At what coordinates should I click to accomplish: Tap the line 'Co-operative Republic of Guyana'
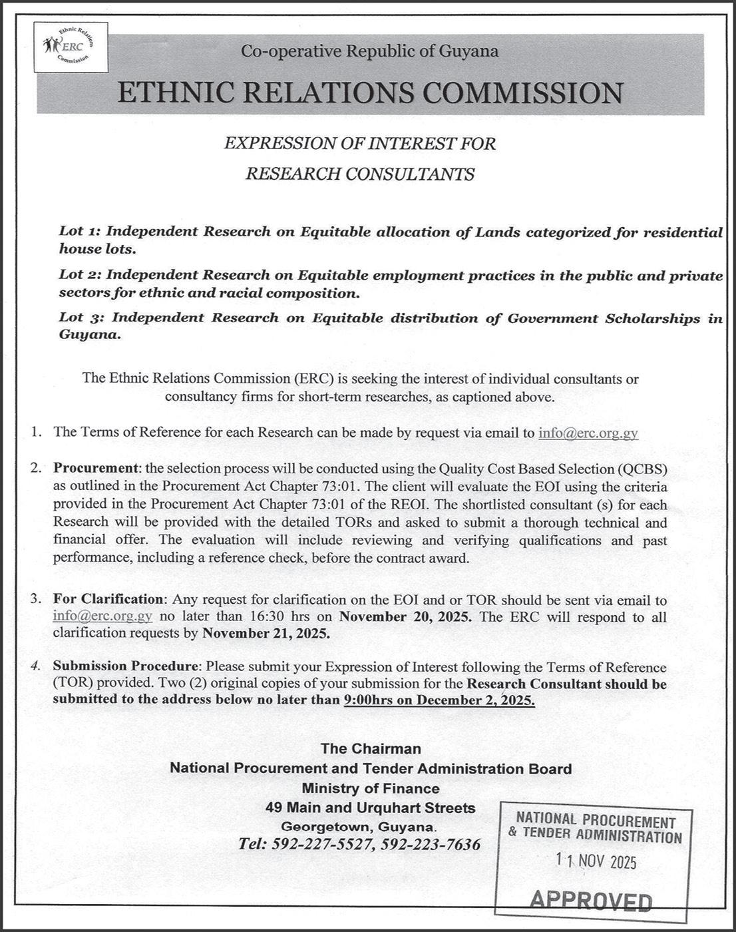point(369,51)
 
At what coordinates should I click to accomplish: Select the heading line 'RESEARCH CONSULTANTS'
point(360,174)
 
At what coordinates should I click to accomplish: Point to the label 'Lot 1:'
point(80,232)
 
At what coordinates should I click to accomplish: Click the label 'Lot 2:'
point(80,275)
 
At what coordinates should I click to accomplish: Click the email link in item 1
point(588,433)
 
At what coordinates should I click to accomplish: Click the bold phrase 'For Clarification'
point(108,600)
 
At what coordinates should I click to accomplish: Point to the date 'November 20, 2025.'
point(406,616)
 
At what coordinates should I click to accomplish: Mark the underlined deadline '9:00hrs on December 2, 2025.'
point(439,700)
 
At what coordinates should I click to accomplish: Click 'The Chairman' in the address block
point(371,748)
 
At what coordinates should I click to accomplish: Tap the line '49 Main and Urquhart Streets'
point(370,808)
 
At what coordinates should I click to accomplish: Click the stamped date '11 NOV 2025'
point(596,861)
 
